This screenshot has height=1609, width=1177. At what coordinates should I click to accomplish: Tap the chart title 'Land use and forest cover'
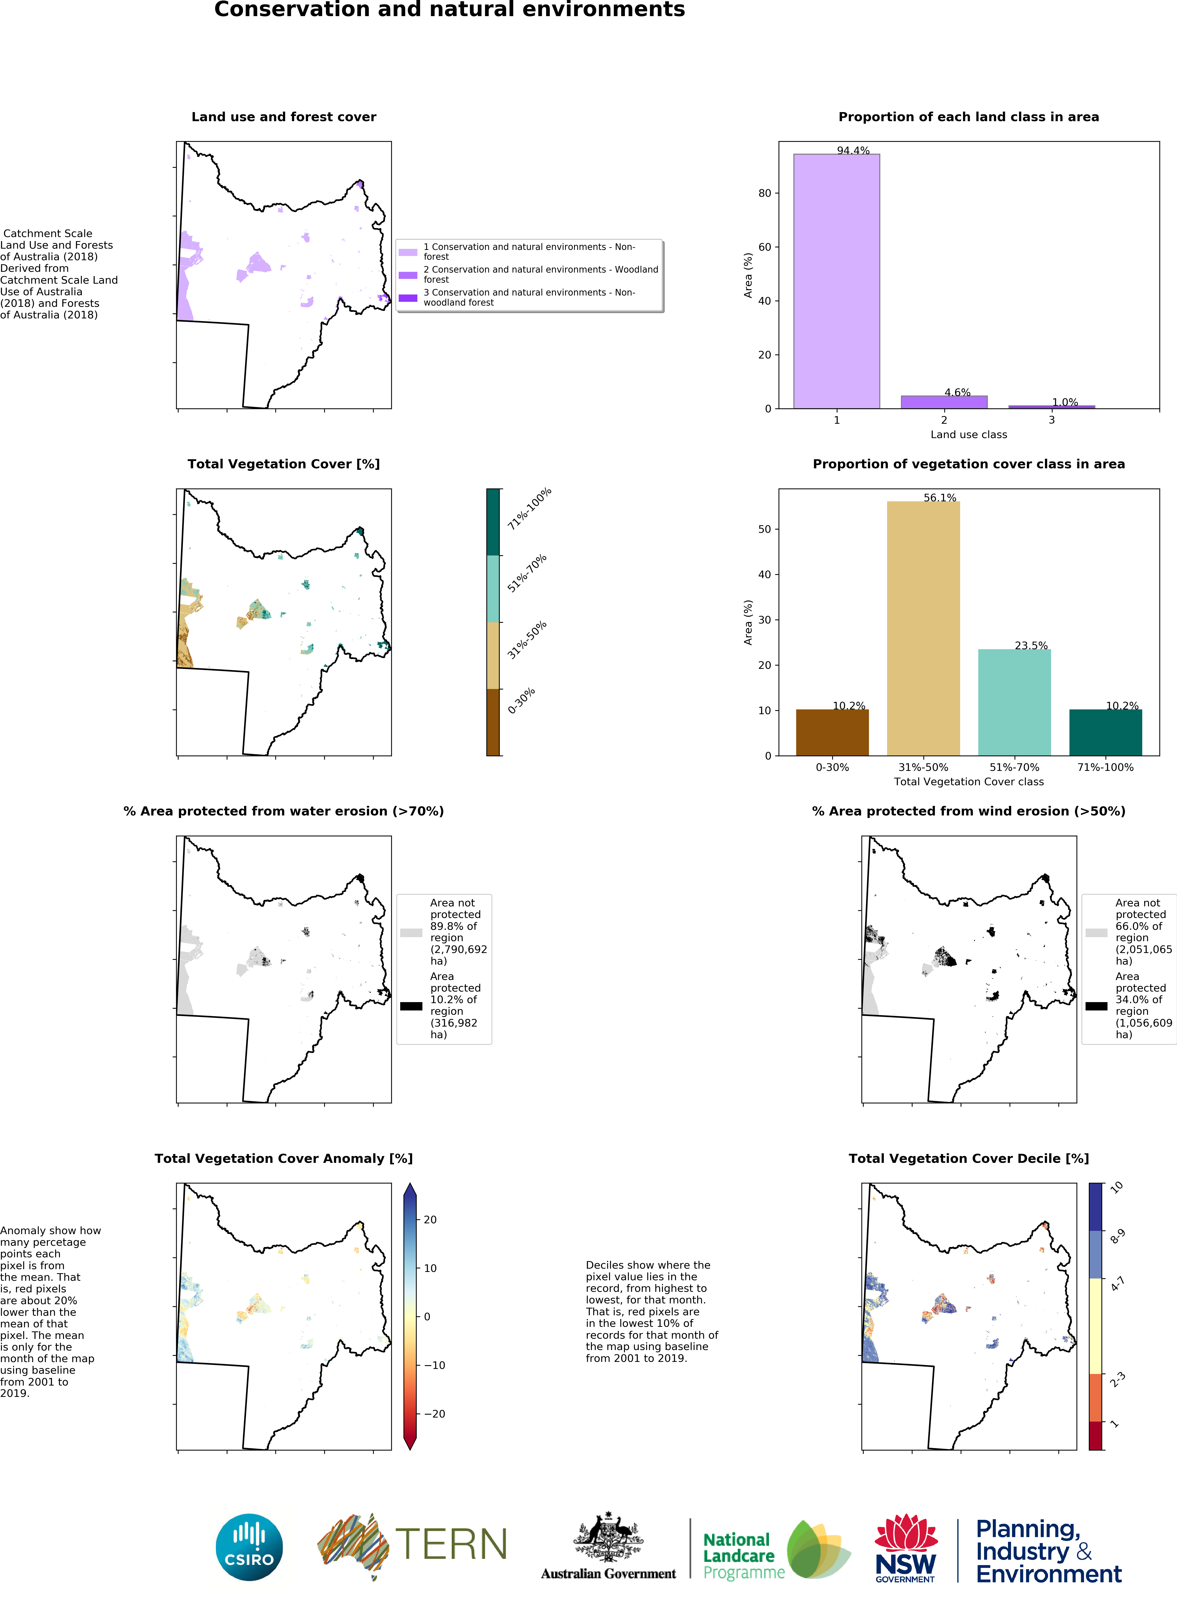284,117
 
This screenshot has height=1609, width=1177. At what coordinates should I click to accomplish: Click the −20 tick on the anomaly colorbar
435,1414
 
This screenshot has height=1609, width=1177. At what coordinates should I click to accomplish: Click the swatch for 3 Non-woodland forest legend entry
408,298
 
